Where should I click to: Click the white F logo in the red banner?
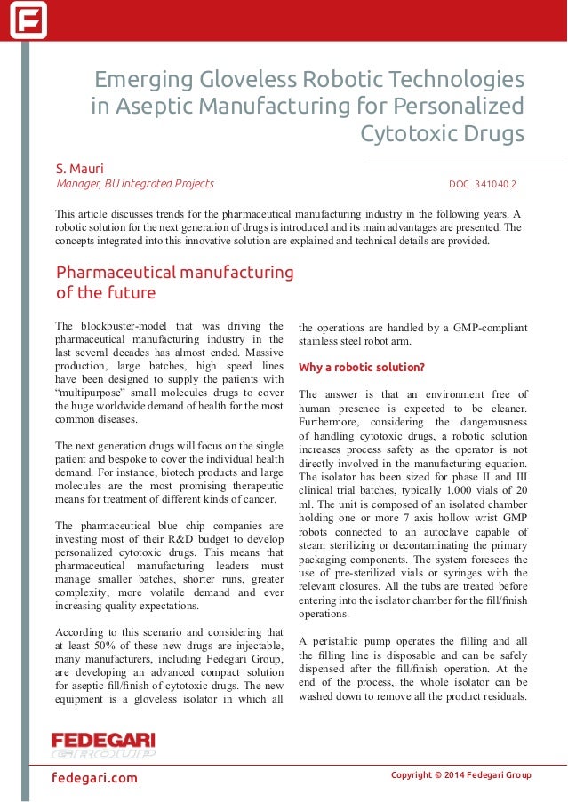(28, 20)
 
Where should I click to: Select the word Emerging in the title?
(138, 80)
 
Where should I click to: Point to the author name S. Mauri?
(79, 168)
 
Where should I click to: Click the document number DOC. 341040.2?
(482, 185)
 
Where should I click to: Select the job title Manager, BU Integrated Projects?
(135, 184)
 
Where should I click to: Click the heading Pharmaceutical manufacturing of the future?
(174, 282)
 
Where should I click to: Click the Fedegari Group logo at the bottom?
(103, 744)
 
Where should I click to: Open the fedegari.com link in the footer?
(94, 778)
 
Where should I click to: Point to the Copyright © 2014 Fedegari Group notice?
(460, 775)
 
